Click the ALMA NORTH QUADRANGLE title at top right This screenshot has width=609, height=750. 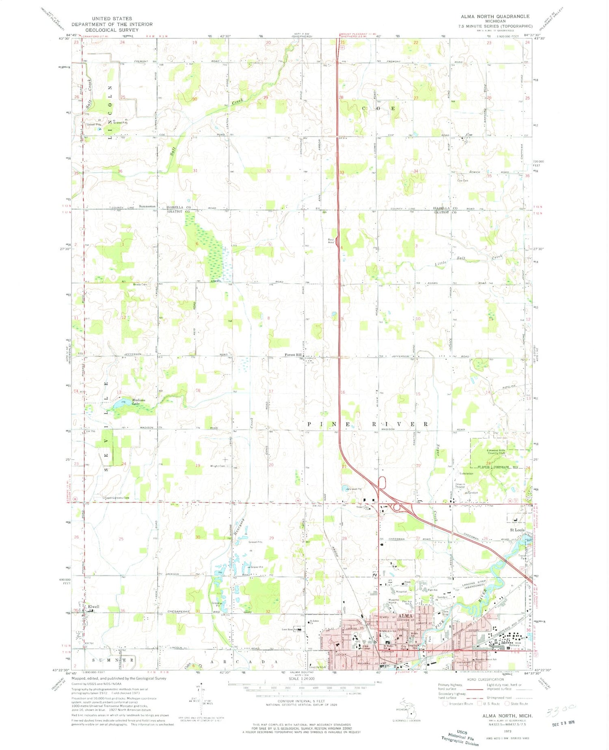point(495,16)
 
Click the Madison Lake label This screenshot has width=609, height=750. point(138,402)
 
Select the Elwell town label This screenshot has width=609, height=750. point(93,607)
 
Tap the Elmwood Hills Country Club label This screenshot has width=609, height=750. point(496,451)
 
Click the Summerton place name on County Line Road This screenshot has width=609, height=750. point(147,206)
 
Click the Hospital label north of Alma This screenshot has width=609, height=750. point(401,592)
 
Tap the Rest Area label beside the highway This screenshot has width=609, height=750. point(331,241)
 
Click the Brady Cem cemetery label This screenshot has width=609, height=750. point(140,284)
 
